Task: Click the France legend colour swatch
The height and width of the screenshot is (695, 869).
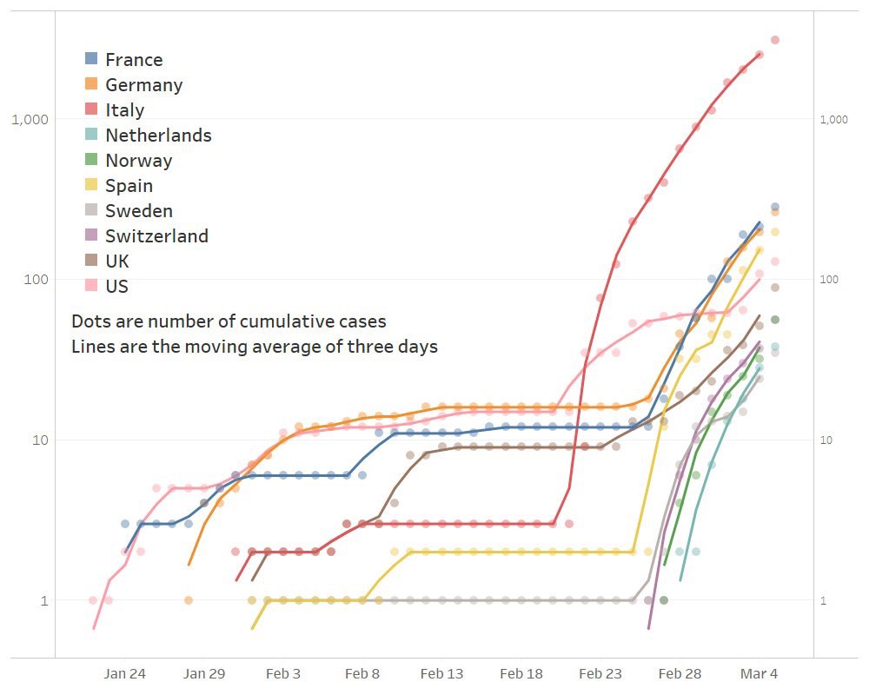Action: pyautogui.click(x=91, y=59)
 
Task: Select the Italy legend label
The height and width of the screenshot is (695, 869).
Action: pyautogui.click(x=124, y=110)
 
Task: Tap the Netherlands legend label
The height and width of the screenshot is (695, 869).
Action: pyautogui.click(x=158, y=136)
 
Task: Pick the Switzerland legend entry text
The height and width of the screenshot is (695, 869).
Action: pyautogui.click(x=156, y=236)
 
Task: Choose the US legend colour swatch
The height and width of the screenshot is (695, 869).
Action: pyautogui.click(x=91, y=286)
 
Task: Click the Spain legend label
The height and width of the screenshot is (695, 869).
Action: pyautogui.click(x=129, y=186)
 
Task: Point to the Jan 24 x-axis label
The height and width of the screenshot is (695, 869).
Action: pyautogui.click(x=124, y=673)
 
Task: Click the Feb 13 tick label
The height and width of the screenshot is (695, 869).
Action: pyautogui.click(x=441, y=673)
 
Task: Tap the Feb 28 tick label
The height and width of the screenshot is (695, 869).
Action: pyautogui.click(x=680, y=673)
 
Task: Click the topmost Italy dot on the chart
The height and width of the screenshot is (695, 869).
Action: pyautogui.click(x=775, y=40)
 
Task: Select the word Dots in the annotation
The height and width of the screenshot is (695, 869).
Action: pyautogui.click(x=89, y=321)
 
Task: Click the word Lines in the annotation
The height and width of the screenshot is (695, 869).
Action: pyautogui.click(x=91, y=347)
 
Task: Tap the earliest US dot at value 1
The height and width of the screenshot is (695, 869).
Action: pyautogui.click(x=93, y=600)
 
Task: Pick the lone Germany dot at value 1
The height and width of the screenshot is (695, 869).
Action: pyautogui.click(x=189, y=600)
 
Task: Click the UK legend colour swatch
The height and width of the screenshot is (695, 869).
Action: pyautogui.click(x=91, y=261)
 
